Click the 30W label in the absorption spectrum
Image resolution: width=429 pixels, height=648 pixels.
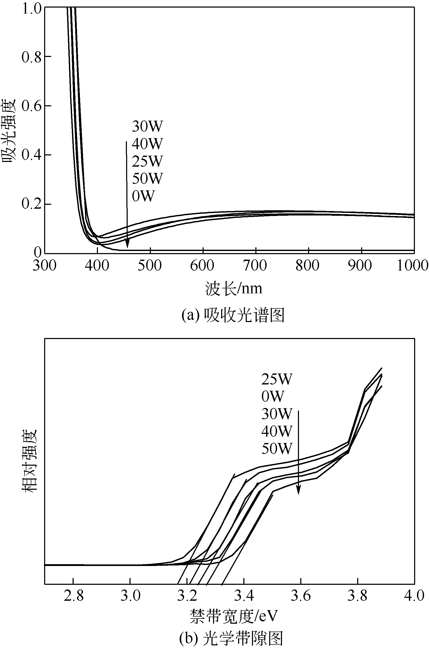pos(147,126)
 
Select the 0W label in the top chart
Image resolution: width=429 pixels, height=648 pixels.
pos(143,196)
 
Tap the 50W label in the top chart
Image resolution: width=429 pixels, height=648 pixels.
pos(147,178)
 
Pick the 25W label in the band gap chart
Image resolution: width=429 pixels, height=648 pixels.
pos(277,379)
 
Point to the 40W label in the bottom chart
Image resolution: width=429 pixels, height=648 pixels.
pos(277,431)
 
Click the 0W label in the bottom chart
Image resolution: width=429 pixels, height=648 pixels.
pos(273,396)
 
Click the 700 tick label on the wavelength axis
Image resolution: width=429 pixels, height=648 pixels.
pos(255,265)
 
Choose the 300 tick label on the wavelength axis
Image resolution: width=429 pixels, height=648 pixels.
pos(44,265)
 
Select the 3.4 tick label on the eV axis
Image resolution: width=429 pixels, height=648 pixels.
pos(244,596)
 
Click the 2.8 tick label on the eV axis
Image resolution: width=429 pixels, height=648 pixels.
pos(73,596)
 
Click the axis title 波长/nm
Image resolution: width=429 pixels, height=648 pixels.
pos(234,289)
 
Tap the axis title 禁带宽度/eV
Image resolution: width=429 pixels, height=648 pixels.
pos(234,616)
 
